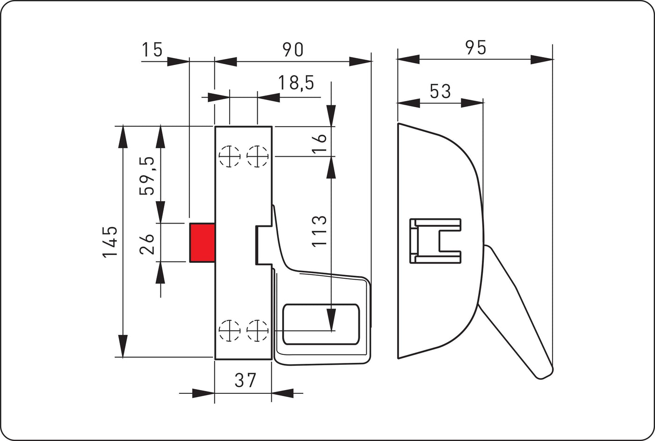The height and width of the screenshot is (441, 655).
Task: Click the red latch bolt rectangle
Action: pos(202,243)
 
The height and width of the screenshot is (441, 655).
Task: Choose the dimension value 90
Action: pos(292,49)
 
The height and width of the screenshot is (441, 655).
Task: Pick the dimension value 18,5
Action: pos(296,83)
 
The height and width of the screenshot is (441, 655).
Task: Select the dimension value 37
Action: pos(246,381)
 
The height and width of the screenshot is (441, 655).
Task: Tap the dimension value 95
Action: pos(475,47)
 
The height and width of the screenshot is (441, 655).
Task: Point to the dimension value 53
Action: pos(440,91)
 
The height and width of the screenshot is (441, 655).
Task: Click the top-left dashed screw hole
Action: pos(230,156)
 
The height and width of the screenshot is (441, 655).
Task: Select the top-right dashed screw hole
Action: pos(257,156)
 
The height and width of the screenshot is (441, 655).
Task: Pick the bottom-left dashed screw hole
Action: pos(230,331)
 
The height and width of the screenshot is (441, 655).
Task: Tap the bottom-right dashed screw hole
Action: pos(257,331)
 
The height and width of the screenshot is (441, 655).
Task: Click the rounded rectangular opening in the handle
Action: pos(321,324)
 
